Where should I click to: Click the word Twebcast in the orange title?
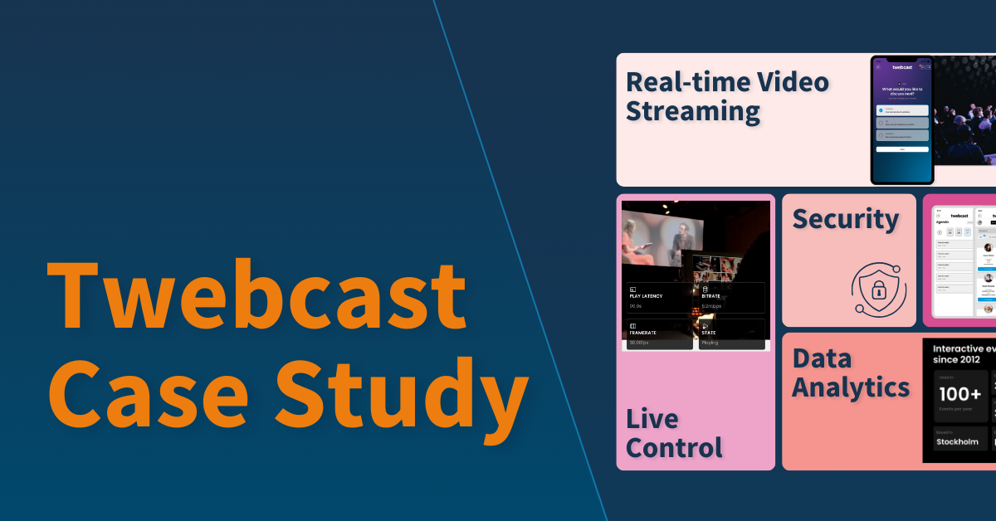(257, 295)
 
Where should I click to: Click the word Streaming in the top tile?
(693, 111)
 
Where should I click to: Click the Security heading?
(845, 220)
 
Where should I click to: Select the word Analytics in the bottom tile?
(851, 387)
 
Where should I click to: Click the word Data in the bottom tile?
(822, 358)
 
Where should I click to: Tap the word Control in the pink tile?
(674, 448)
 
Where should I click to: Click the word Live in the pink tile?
(652, 419)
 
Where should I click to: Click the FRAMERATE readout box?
(659, 334)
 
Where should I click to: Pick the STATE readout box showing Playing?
(731, 334)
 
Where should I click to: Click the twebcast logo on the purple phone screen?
(902, 67)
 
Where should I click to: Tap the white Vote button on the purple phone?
(902, 149)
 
